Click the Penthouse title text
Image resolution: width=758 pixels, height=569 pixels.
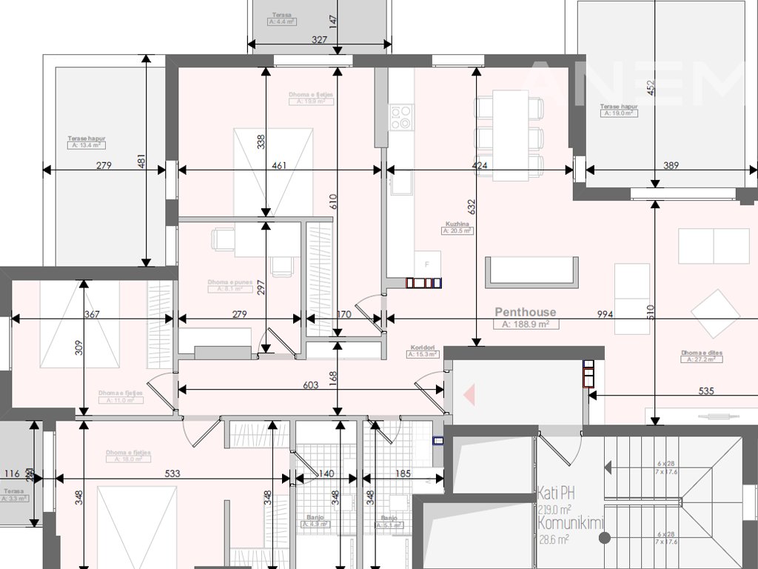click(525, 313)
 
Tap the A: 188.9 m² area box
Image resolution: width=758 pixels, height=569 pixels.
click(526, 325)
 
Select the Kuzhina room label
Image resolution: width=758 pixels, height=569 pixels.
click(457, 224)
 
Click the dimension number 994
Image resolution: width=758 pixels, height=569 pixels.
click(606, 314)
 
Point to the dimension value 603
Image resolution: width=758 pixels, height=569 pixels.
click(311, 385)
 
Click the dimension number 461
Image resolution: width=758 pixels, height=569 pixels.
click(279, 166)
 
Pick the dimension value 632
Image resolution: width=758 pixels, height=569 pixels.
click(472, 209)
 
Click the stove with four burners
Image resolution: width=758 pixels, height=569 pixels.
click(401, 117)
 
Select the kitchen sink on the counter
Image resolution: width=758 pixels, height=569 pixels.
click(402, 181)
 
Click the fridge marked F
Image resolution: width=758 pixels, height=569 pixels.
click(427, 264)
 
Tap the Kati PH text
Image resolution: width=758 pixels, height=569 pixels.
click(557, 493)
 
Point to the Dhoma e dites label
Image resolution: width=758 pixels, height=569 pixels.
click(702, 353)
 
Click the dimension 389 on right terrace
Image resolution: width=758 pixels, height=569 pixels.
click(671, 166)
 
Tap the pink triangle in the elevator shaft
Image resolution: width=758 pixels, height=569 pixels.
click(469, 396)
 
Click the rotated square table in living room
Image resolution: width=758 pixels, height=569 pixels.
click(715, 313)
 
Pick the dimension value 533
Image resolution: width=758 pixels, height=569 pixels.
click(172, 473)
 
